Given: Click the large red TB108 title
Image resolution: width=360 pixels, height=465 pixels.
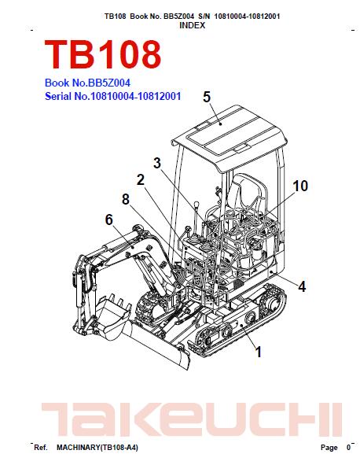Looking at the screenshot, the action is [x=103, y=54].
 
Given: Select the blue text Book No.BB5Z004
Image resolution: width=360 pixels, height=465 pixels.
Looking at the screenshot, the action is [x=87, y=83].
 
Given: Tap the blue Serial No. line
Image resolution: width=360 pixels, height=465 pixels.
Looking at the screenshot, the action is [x=112, y=96].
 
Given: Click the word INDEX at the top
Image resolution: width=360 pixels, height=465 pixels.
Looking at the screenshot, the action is [x=193, y=25].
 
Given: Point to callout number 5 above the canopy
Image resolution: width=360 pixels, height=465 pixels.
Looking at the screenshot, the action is [x=207, y=98].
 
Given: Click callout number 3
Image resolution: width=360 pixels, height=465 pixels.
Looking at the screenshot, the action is [x=157, y=163].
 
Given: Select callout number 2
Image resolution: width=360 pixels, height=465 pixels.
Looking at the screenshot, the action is [x=141, y=179].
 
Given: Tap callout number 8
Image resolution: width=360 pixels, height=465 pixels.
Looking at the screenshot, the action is [x=126, y=199].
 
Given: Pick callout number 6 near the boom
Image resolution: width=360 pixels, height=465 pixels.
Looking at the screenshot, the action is [x=109, y=220].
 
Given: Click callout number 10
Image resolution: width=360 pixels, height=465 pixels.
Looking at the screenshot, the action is [x=300, y=186].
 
